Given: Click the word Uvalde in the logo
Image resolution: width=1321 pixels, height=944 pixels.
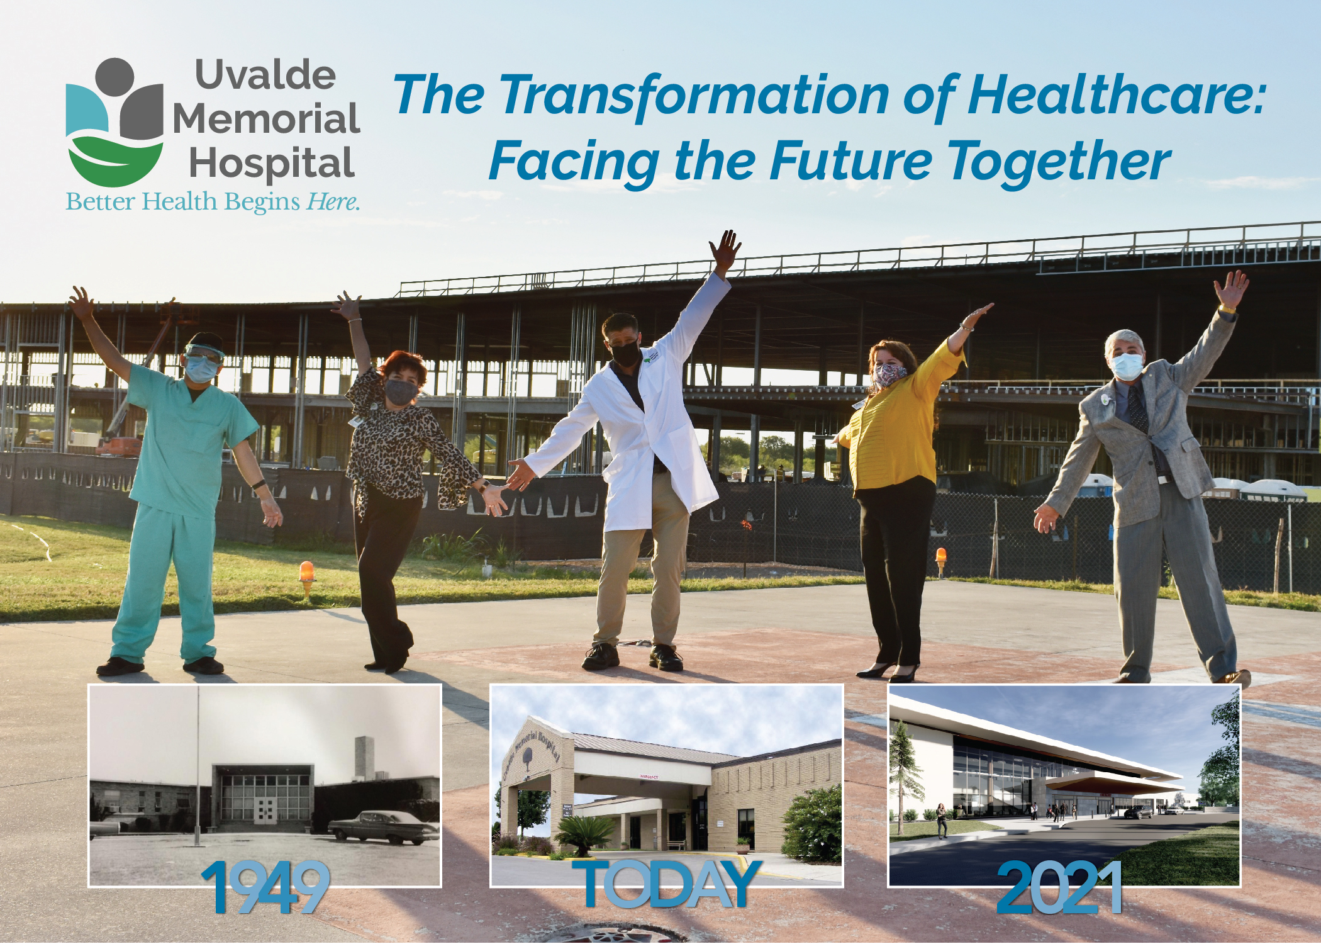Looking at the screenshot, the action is coord(265,75).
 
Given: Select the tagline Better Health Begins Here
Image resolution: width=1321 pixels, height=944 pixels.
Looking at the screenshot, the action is coord(213,202).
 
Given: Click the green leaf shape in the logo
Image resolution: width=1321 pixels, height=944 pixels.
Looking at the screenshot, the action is coord(114,160).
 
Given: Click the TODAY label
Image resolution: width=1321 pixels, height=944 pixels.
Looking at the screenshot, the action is coord(666,884).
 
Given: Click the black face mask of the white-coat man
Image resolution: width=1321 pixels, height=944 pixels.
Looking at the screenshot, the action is coord(625,354).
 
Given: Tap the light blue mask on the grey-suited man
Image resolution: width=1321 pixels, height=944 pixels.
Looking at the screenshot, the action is coord(1127,366).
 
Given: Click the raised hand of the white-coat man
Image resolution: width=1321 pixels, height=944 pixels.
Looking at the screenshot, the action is coord(725,250).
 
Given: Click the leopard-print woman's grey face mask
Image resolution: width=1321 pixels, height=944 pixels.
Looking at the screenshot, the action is coord(401,391).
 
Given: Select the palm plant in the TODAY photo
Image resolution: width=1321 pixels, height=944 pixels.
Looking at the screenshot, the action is coord(583,834).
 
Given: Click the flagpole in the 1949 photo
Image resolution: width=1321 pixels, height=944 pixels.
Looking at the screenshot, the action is coord(198,765).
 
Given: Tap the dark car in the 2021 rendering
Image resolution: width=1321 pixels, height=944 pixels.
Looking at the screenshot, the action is coord(1139,812).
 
